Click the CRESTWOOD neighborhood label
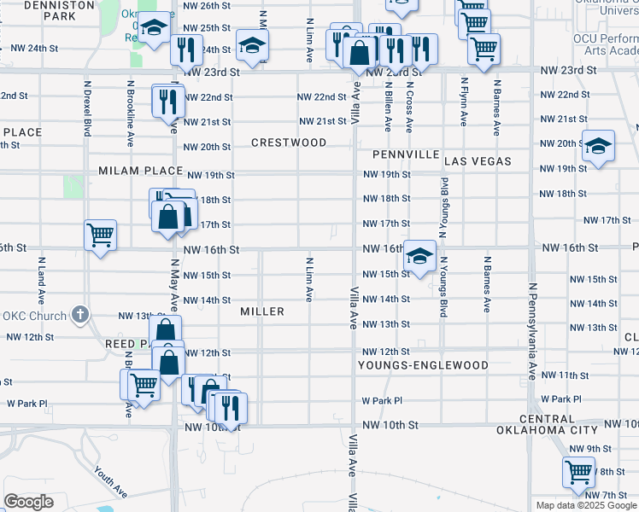coord(288,143)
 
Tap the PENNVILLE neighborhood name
coord(405,155)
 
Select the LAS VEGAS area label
coord(478,161)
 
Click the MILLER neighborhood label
coord(261,311)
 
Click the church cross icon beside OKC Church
coord(79,314)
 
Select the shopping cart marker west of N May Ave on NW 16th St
coord(101,235)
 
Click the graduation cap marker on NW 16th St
coord(419,256)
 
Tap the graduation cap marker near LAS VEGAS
coord(599,146)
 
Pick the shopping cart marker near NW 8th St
coord(578,471)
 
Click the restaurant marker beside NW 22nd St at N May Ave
coord(167,101)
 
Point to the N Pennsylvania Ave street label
coord(531,332)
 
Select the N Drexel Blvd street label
coord(87,109)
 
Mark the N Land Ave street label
coord(40,284)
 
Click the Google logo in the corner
coord(29,502)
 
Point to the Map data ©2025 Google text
coord(584,505)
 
